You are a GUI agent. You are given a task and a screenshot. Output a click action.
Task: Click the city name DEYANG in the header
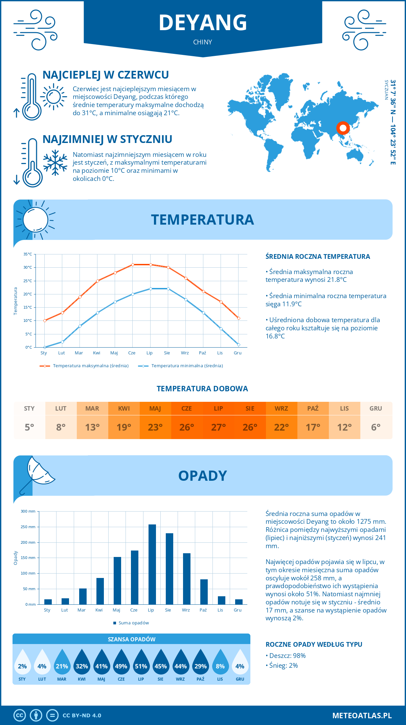click(x=203, y=23)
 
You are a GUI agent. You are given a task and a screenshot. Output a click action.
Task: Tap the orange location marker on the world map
click(x=343, y=128)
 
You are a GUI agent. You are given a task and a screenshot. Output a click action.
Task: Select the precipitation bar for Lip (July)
click(x=152, y=564)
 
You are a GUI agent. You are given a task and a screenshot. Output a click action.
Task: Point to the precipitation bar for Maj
click(x=117, y=580)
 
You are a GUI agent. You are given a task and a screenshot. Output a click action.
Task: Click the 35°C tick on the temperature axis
click(x=28, y=254)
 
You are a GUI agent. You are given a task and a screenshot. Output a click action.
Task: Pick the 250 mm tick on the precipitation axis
click(x=28, y=527)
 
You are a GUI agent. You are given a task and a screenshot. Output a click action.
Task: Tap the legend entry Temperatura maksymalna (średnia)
click(x=91, y=366)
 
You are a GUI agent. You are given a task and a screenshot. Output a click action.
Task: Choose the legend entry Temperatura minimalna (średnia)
click(x=187, y=366)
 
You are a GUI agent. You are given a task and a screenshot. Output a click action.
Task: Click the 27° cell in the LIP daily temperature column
click(x=218, y=427)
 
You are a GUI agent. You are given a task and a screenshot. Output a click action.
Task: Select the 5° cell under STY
click(x=29, y=427)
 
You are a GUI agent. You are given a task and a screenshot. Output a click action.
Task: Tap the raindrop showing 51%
click(x=141, y=665)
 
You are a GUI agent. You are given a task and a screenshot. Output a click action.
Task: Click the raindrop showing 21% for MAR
click(x=62, y=665)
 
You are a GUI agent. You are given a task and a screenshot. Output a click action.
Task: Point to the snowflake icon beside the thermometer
click(x=55, y=163)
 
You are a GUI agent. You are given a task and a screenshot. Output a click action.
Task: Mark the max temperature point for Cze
click(x=133, y=265)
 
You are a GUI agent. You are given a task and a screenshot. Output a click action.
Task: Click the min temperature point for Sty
click(x=45, y=347)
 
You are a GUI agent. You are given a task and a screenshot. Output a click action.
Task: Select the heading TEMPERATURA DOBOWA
click(x=202, y=389)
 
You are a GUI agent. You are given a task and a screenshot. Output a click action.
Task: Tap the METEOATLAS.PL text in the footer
click(x=362, y=716)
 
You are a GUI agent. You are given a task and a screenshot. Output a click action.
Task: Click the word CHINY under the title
click(x=203, y=42)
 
